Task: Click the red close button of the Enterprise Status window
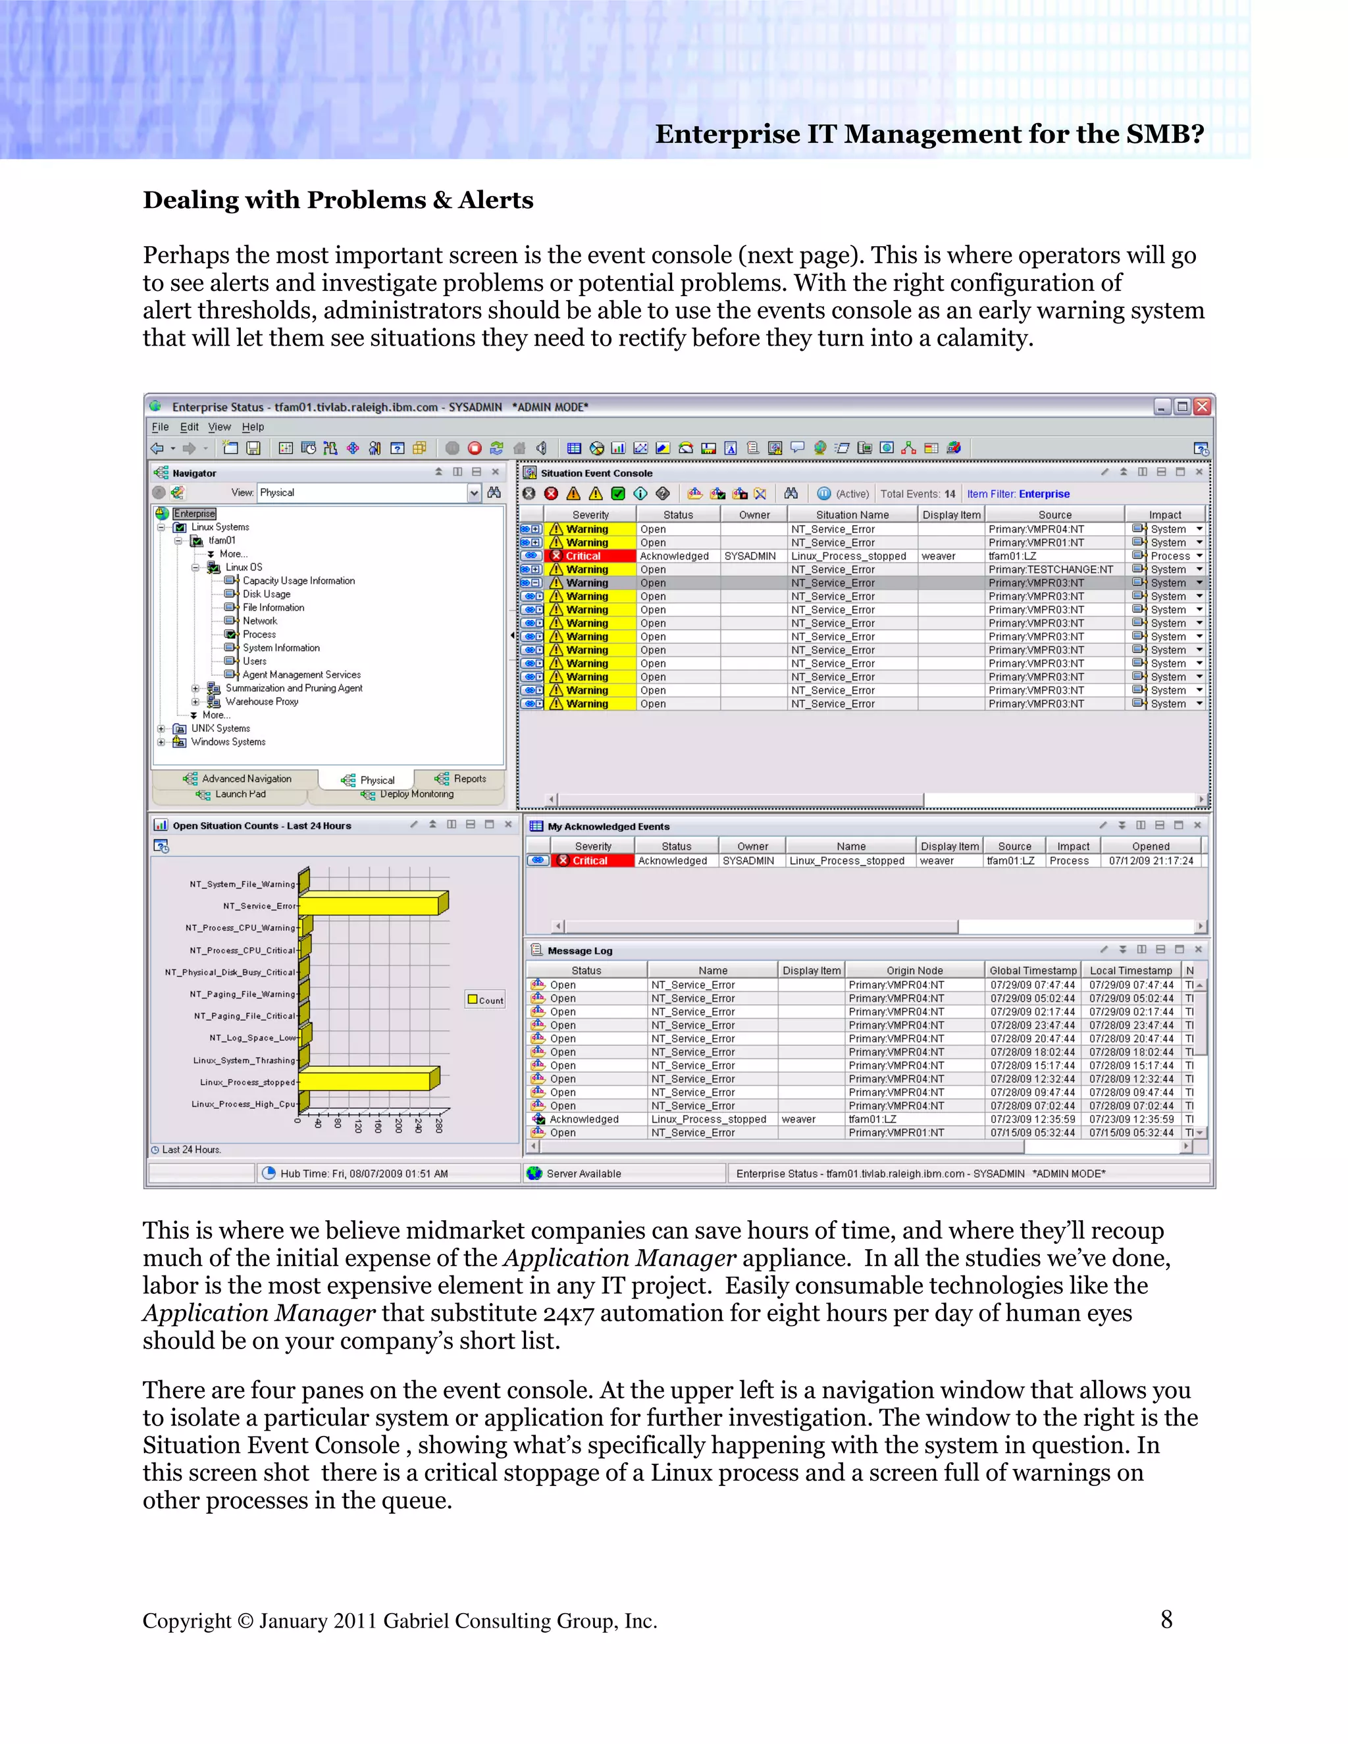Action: pos(1202,407)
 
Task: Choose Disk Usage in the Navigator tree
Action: pos(266,594)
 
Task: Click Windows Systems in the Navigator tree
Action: pos(228,742)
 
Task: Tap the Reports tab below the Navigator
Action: pos(469,779)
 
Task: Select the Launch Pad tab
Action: pos(240,794)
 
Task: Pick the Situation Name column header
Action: pos(852,515)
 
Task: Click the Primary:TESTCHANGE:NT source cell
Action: pos(1050,569)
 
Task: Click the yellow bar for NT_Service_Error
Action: pos(369,906)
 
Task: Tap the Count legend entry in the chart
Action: pos(486,1000)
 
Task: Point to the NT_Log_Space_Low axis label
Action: pos(251,1038)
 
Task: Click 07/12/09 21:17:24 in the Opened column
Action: pos(1150,861)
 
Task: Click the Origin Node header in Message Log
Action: pos(914,970)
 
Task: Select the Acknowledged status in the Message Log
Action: pos(584,1119)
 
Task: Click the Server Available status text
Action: pos(583,1173)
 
